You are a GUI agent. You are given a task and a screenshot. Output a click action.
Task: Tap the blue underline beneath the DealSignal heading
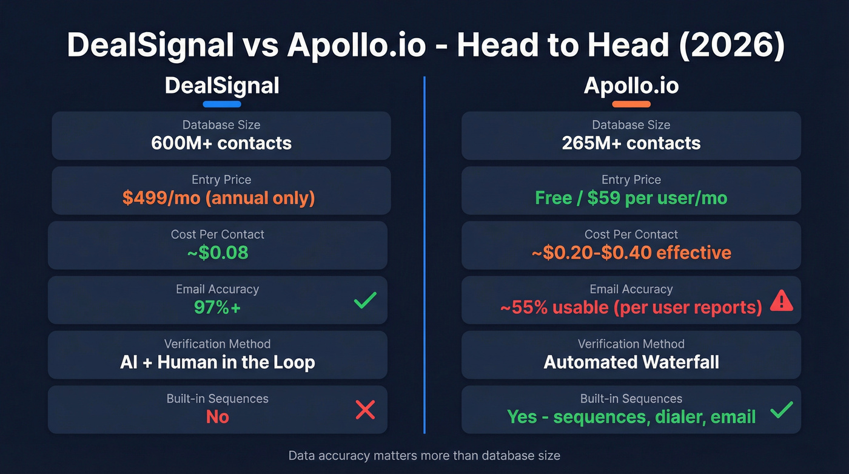[222, 104]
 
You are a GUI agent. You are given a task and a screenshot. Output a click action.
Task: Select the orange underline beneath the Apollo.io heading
[631, 104]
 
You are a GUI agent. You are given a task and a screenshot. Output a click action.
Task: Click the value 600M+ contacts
[221, 143]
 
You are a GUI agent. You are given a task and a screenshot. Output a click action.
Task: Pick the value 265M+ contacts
[631, 143]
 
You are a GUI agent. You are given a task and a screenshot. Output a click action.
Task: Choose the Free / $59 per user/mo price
[631, 198]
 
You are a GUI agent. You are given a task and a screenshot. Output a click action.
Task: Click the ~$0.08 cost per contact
[218, 252]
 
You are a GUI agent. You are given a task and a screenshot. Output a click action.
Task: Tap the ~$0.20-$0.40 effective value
[631, 252]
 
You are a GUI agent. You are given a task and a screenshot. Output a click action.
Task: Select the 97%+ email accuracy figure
[218, 307]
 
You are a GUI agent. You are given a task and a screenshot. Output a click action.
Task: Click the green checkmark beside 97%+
[365, 300]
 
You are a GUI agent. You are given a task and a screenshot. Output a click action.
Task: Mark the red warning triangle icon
[781, 300]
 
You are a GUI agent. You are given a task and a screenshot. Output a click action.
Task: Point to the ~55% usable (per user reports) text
[631, 307]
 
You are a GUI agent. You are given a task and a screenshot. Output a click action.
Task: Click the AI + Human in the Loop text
[218, 362]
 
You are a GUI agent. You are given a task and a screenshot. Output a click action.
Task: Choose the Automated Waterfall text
[631, 362]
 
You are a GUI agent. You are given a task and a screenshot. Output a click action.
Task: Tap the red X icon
[365, 410]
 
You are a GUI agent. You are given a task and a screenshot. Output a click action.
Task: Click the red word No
[218, 417]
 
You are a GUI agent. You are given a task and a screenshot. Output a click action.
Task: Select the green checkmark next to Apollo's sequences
[781, 410]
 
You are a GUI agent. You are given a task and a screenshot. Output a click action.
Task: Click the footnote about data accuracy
[424, 455]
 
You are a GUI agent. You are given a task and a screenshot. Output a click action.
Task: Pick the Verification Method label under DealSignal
[218, 344]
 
